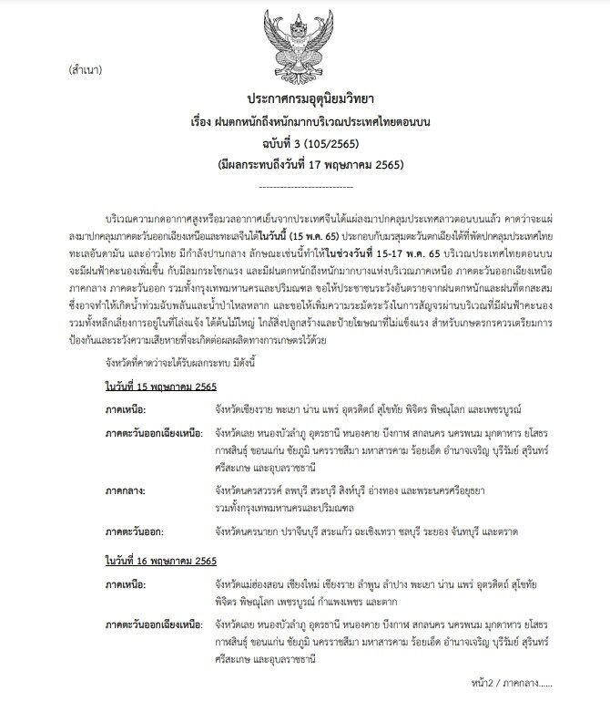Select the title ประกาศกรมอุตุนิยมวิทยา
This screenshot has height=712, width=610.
tap(305, 98)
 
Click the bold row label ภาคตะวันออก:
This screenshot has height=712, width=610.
tap(137, 529)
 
